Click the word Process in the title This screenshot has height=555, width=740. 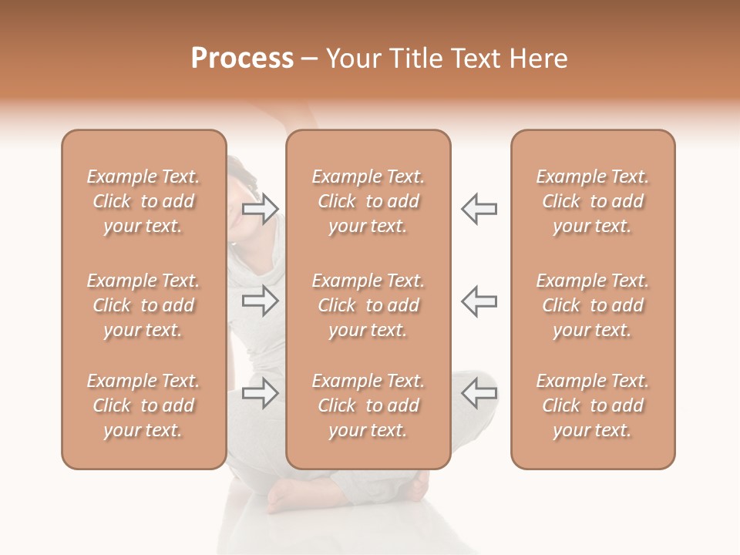[242, 59]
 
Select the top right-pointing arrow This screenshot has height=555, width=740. [261, 209]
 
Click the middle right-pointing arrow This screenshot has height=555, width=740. [261, 301]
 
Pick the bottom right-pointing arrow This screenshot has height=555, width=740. [261, 393]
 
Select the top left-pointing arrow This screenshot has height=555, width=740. [479, 209]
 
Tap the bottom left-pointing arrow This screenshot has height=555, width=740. [479, 392]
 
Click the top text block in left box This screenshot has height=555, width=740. [143, 201]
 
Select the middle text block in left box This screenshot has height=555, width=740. [143, 305]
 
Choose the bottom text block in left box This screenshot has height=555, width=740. [143, 405]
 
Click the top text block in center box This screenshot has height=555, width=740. [368, 201]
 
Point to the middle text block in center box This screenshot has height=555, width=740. [368, 305]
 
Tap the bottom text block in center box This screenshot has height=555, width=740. [368, 405]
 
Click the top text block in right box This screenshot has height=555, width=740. [592, 201]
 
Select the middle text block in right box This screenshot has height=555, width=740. [592, 305]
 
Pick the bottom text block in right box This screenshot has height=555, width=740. [592, 405]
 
